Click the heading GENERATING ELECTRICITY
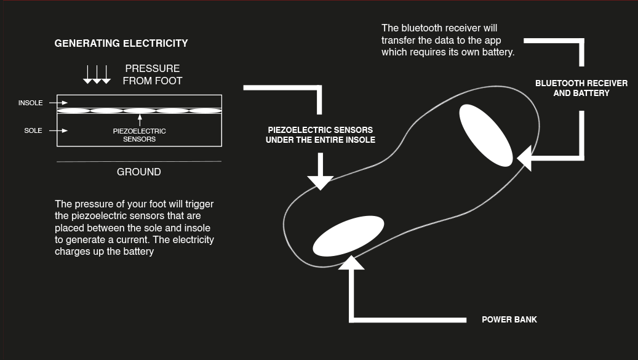(x=121, y=44)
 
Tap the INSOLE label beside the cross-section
(x=31, y=103)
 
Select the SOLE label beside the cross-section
(x=33, y=130)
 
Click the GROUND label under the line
(x=139, y=172)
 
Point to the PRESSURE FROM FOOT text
(x=153, y=74)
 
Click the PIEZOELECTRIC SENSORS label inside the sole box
(x=140, y=135)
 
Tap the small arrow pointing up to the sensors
(x=140, y=120)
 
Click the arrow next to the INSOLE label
(x=58, y=103)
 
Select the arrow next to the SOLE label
(x=58, y=130)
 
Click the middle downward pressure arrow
(x=97, y=74)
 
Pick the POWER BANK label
(x=509, y=320)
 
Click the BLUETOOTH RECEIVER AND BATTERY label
(x=581, y=88)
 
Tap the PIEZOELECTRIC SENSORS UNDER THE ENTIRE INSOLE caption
(x=321, y=135)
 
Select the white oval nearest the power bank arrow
(x=348, y=236)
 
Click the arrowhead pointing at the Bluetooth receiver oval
(x=524, y=158)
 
